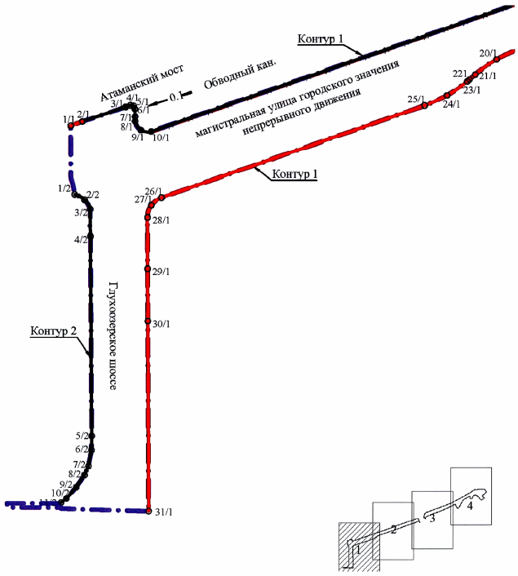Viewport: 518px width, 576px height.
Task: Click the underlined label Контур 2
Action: coord(54,330)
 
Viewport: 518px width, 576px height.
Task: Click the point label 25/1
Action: coord(416,100)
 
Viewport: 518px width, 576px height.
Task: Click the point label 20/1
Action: coord(488,54)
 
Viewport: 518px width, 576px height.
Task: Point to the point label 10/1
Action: coord(161,137)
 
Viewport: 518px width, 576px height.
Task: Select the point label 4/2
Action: coord(81,240)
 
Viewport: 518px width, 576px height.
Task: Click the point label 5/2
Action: coord(82,436)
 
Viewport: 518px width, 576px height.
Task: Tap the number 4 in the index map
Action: coord(470,506)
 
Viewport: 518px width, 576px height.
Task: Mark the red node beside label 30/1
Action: coord(148,321)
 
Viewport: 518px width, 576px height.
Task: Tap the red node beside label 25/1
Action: coord(425,105)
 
